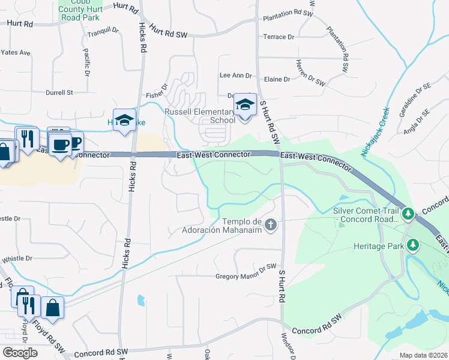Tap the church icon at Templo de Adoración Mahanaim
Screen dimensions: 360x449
click(x=271, y=225)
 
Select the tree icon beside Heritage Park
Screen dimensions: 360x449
click(x=412, y=245)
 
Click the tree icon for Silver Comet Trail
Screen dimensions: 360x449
click(x=408, y=214)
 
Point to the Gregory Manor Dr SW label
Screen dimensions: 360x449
click(x=245, y=277)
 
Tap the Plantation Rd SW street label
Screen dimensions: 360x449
click(x=339, y=50)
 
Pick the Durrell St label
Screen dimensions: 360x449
click(x=59, y=93)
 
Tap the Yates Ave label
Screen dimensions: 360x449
click(x=16, y=53)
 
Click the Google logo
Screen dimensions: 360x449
click(x=20, y=352)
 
